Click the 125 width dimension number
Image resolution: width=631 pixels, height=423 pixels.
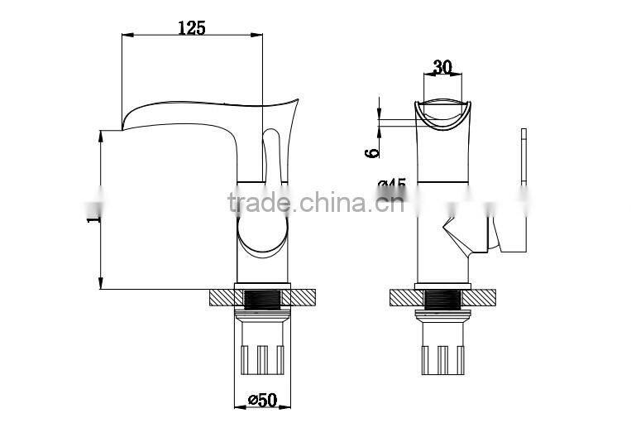(192, 26)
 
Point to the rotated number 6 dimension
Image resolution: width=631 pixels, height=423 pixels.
(374, 151)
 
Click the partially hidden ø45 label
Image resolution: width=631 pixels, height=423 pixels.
(391, 184)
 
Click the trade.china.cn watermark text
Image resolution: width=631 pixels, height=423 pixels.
(315, 201)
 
